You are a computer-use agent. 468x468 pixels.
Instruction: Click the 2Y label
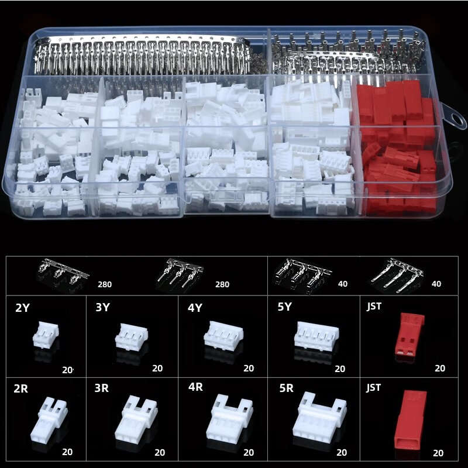[22, 308]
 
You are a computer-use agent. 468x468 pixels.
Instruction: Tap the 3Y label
[102, 308]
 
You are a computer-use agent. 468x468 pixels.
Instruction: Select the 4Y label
[195, 308]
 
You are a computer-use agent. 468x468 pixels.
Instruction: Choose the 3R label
[102, 388]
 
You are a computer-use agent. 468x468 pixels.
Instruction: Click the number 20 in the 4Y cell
[249, 369]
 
